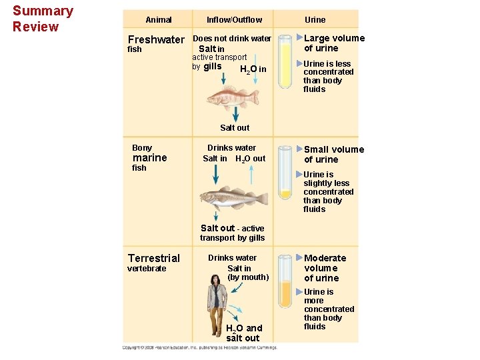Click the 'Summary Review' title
(x=43, y=19)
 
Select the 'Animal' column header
(x=159, y=20)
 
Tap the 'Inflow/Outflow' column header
(x=234, y=20)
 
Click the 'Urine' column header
(x=315, y=20)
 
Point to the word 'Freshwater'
(x=155, y=39)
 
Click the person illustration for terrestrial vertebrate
(x=216, y=303)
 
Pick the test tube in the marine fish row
(x=285, y=173)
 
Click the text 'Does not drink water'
(x=232, y=39)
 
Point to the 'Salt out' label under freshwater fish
(x=235, y=127)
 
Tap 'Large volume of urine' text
(x=334, y=43)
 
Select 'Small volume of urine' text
(x=334, y=154)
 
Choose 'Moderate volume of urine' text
(x=325, y=268)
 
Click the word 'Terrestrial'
(x=153, y=258)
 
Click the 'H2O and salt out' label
(x=243, y=333)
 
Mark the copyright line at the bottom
(x=200, y=347)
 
